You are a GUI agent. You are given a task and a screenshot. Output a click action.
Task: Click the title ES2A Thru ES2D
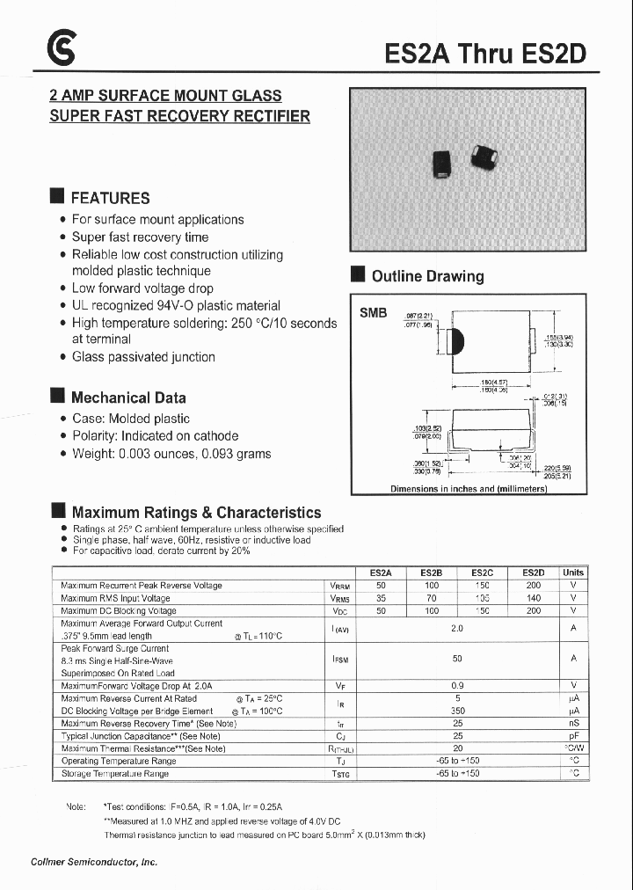485,55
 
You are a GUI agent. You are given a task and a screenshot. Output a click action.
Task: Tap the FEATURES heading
110,198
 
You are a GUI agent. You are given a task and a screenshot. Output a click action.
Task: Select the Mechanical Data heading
127,398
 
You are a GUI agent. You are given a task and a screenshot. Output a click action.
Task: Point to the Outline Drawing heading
427,276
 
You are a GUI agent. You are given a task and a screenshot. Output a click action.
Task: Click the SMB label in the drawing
373,312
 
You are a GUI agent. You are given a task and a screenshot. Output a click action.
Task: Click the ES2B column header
431,573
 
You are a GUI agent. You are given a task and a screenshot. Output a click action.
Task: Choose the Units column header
572,573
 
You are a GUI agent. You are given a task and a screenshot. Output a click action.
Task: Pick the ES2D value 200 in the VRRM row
533,586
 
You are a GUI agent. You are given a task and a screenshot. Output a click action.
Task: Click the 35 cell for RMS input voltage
381,598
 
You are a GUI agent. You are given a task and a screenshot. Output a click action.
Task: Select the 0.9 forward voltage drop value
457,685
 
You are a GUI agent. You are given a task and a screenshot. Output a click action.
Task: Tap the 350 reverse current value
457,711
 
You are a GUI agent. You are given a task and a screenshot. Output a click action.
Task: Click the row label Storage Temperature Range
114,774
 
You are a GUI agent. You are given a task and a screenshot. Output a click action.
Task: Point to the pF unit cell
572,736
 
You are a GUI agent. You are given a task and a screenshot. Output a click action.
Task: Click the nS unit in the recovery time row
572,723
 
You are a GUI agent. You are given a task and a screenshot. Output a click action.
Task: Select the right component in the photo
484,157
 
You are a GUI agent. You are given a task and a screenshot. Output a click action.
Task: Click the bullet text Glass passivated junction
143,357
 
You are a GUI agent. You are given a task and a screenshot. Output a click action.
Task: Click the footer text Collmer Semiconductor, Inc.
100,862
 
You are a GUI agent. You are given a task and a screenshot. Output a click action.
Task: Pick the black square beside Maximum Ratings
59,511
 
